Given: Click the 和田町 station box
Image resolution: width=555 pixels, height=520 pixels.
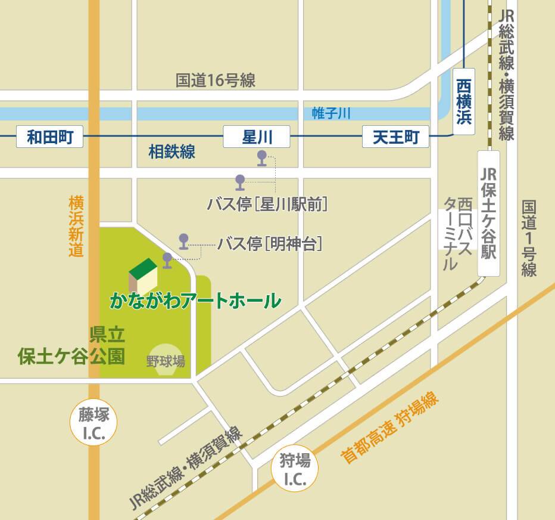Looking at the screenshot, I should pyautogui.click(x=49, y=138).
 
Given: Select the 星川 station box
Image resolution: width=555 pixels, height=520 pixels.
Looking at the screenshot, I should pyautogui.click(x=257, y=138).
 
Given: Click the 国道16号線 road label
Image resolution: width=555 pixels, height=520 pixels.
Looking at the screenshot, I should pyautogui.click(x=216, y=81).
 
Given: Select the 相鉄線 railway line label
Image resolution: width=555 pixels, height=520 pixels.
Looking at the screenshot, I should pyautogui.click(x=172, y=152).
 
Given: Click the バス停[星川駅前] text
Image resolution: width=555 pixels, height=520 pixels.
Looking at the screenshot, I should pyautogui.click(x=268, y=204).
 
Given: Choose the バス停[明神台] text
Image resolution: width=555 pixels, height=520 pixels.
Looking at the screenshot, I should pyautogui.click(x=270, y=244).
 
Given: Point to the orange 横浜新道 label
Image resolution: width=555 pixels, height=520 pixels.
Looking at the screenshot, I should pyautogui.click(x=76, y=225).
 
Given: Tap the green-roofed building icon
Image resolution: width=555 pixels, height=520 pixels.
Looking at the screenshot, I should pyautogui.click(x=143, y=277).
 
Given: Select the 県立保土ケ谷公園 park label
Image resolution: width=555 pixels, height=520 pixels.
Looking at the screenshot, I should pyautogui.click(x=71, y=345).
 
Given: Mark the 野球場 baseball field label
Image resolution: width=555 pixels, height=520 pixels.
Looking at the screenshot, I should pyautogui.click(x=165, y=361).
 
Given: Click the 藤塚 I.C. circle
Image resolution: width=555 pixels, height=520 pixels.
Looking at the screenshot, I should pyautogui.click(x=94, y=422).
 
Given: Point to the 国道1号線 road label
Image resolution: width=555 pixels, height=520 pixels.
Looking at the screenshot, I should pyautogui.click(x=529, y=239).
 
